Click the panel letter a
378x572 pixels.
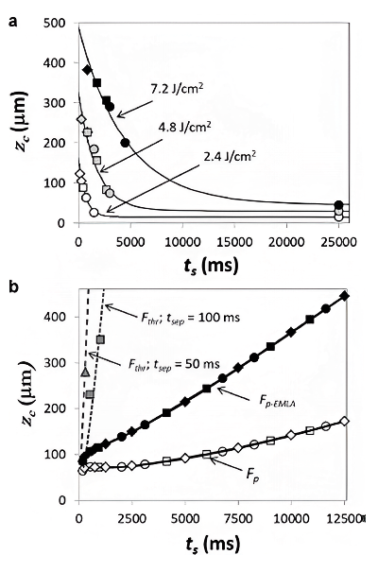pyautogui.click(x=13, y=23)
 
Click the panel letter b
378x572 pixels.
pyautogui.click(x=13, y=286)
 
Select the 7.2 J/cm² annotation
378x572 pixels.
pyautogui.click(x=177, y=89)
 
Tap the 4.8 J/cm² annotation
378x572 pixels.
pyautogui.click(x=184, y=128)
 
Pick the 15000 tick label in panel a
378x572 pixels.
pyautogui.click(x=234, y=241)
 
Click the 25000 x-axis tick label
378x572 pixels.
pyautogui.click(x=339, y=241)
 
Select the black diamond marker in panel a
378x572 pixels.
pyautogui.click(x=87, y=70)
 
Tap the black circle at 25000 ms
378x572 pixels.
pyautogui.click(x=339, y=204)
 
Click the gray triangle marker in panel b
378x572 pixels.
pyautogui.click(x=85, y=373)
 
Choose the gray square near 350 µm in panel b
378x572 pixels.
pyautogui.click(x=100, y=339)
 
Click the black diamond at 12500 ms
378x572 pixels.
pyautogui.click(x=345, y=296)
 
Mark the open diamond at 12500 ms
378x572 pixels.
pyautogui.click(x=345, y=421)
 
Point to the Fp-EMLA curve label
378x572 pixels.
pyautogui.click(x=277, y=401)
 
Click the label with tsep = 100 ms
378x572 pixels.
pyautogui.click(x=190, y=317)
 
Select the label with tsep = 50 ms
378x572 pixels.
pyautogui.click(x=174, y=364)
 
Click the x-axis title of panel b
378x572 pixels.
pyautogui.click(x=213, y=545)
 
